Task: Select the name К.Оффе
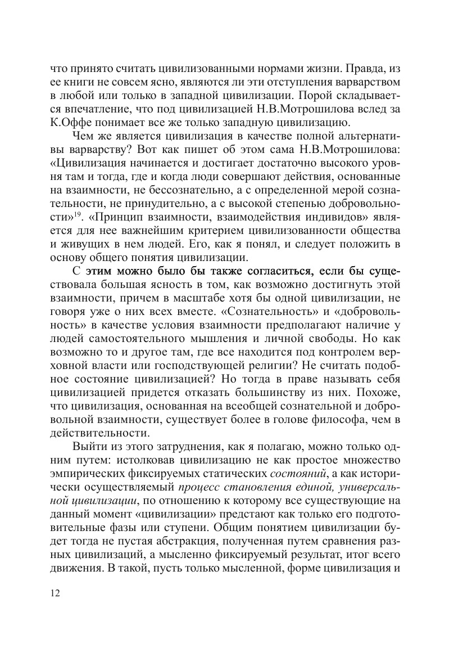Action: [x=71, y=122]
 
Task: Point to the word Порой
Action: [x=317, y=95]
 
